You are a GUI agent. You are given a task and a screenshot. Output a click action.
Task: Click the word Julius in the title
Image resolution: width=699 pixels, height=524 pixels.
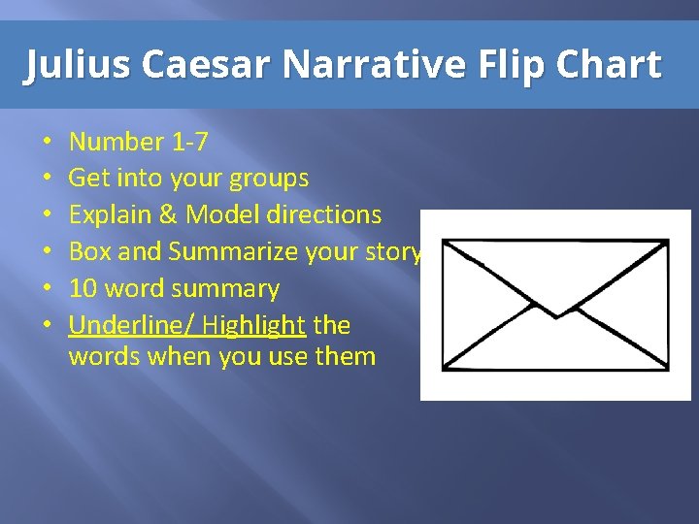click(78, 66)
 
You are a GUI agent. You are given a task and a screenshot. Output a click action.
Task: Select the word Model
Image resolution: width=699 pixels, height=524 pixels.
click(220, 215)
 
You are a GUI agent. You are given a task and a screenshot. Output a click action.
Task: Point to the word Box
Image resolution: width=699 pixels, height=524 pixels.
click(89, 252)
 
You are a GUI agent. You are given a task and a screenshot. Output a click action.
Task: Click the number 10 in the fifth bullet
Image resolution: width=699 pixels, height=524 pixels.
click(83, 289)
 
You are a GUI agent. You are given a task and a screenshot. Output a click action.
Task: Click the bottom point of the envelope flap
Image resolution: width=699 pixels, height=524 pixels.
click(556, 316)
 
